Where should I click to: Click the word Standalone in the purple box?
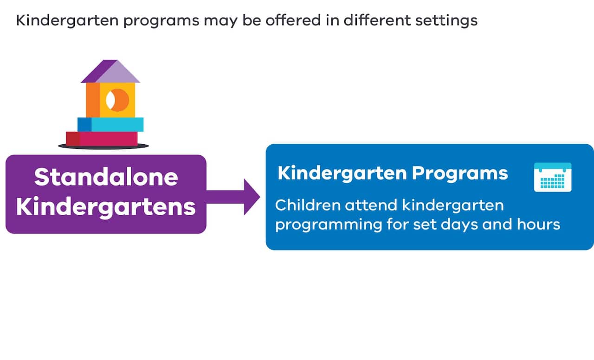106,177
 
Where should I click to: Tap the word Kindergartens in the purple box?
106,207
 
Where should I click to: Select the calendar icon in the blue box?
552,177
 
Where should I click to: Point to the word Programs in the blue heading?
459,173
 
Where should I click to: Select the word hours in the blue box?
538,225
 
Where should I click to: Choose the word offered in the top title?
271,21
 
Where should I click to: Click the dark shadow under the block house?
103,146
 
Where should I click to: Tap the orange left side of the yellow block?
93,100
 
